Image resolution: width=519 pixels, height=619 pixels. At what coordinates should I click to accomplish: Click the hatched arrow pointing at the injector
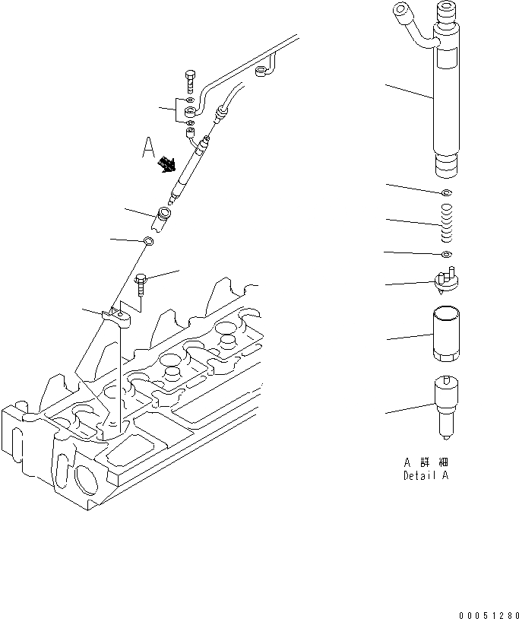pos(166,163)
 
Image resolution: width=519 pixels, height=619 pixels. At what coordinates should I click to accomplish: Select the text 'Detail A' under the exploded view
pos(426,476)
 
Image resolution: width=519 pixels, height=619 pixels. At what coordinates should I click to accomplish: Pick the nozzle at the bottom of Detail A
pos(447,406)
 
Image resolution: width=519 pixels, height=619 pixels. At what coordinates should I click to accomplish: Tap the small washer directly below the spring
pos(447,253)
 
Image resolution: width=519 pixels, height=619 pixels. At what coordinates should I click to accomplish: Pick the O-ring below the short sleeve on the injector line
pos(150,242)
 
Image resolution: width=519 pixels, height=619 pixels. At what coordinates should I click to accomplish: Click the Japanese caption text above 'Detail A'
pos(426,462)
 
